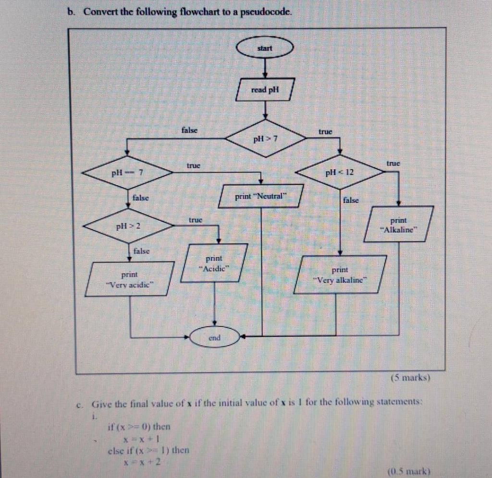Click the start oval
(x=265, y=48)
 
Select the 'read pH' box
(x=265, y=90)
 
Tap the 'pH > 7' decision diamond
(x=265, y=139)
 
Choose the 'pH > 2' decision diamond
(x=127, y=226)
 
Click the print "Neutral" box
(x=261, y=196)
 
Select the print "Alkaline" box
(x=398, y=224)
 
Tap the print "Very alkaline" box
(x=340, y=275)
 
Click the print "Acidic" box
(x=214, y=263)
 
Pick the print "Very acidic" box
(x=130, y=279)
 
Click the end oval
(x=214, y=337)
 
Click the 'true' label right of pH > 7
(x=325, y=131)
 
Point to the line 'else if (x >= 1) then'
(x=148, y=450)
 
